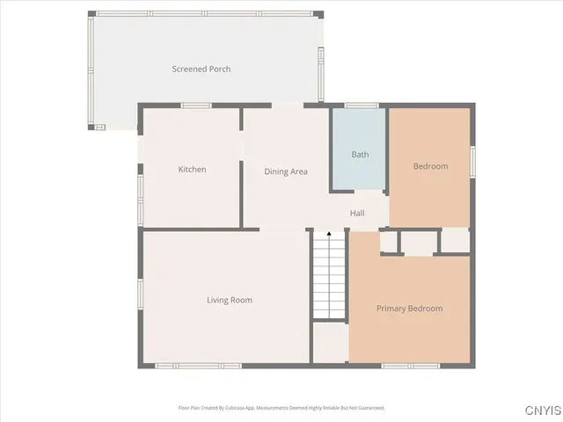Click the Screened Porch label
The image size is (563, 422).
pyautogui.click(x=201, y=69)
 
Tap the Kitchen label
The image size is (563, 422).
pyautogui.click(x=193, y=170)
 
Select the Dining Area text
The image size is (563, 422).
pyautogui.click(x=286, y=171)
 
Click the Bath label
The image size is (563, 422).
pyautogui.click(x=360, y=155)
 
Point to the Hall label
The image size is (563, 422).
pyautogui.click(x=357, y=214)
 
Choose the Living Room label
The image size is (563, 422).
pyautogui.click(x=230, y=301)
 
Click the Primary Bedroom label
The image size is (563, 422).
pyautogui.click(x=409, y=309)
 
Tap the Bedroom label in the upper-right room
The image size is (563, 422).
pyautogui.click(x=430, y=166)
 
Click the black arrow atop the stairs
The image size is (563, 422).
pyautogui.click(x=329, y=235)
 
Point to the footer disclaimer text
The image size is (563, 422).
pyautogui.click(x=281, y=408)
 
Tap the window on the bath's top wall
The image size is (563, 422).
pyautogui.click(x=361, y=106)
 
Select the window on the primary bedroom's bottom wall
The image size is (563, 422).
pyautogui.click(x=410, y=365)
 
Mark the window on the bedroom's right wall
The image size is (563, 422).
pyautogui.click(x=472, y=161)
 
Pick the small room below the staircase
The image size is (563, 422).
pyautogui.click(x=330, y=343)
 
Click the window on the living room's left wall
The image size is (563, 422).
pyautogui.click(x=140, y=295)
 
